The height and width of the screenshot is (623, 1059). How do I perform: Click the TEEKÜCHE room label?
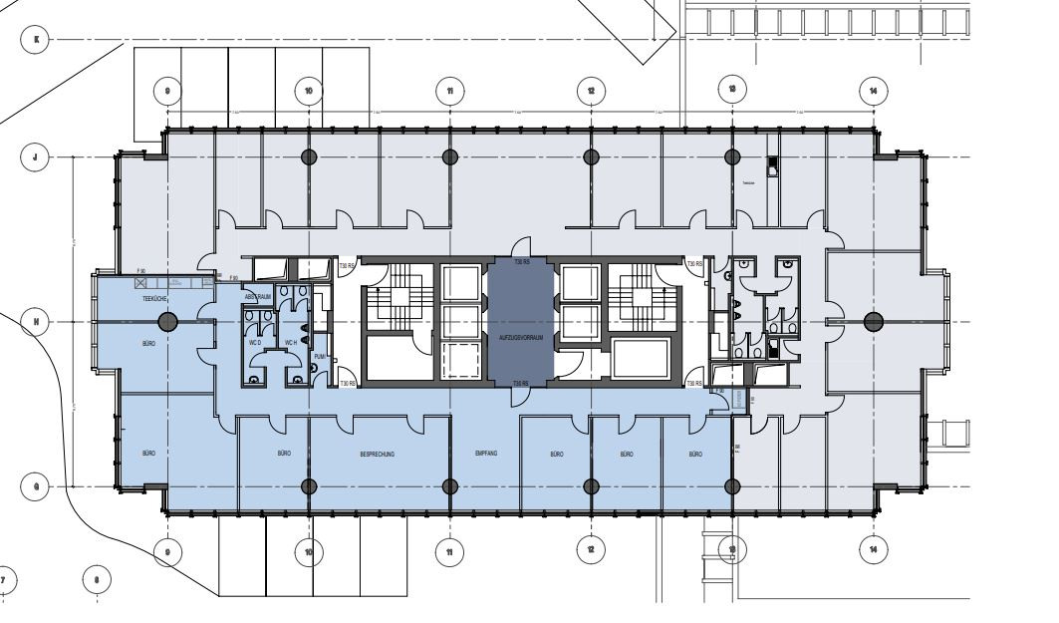tap(152, 298)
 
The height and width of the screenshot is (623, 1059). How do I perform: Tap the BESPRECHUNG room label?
tap(378, 455)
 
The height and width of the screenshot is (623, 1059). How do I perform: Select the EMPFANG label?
tap(485, 455)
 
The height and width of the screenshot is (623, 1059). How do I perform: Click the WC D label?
tap(254, 343)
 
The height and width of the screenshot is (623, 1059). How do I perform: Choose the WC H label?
tap(291, 343)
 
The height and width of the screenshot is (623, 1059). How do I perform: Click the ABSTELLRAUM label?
tap(257, 297)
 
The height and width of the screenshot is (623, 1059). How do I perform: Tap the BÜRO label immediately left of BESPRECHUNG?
tap(284, 455)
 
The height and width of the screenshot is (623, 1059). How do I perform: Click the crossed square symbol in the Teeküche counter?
tap(140, 283)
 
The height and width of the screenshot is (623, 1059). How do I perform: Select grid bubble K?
tap(36, 40)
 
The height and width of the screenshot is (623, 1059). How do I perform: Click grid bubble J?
tap(36, 156)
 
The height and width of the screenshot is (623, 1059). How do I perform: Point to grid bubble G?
tap(36, 486)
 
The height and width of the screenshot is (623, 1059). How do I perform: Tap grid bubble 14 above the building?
tap(873, 91)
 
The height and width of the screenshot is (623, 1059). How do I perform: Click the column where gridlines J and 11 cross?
tap(450, 156)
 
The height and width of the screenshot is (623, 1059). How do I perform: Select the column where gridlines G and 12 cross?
tap(591, 486)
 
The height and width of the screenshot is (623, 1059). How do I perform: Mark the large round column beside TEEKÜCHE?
tap(168, 321)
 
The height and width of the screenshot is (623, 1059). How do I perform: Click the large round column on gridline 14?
tap(873, 321)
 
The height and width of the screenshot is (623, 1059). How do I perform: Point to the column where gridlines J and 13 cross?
tap(732, 156)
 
